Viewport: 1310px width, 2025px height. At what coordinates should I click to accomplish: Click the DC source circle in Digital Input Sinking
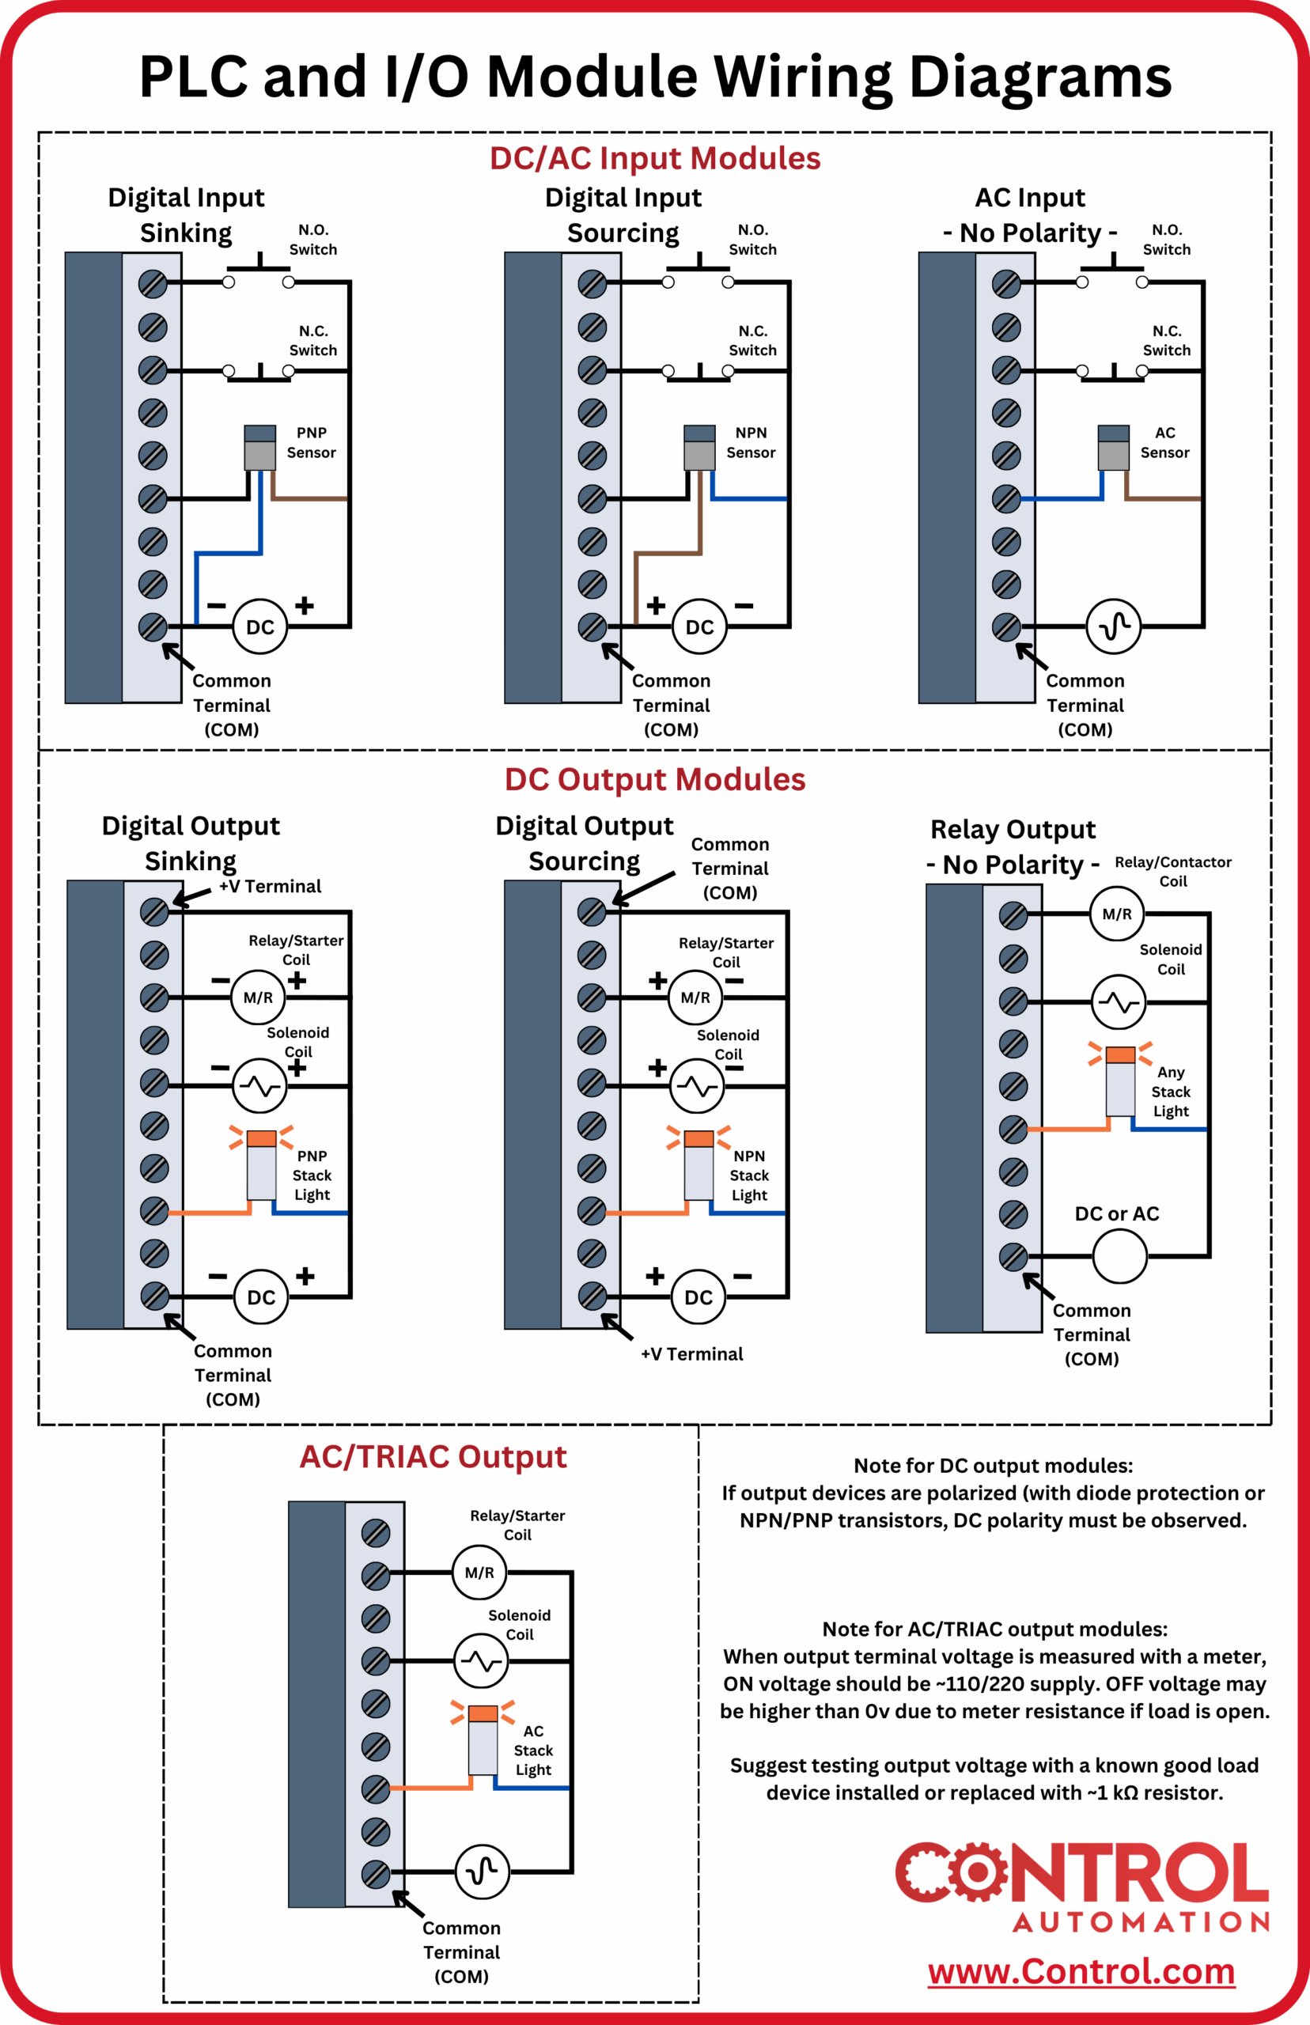259,626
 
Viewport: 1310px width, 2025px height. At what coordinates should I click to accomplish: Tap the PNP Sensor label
312,442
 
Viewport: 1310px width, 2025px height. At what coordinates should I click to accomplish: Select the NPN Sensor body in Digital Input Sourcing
699,449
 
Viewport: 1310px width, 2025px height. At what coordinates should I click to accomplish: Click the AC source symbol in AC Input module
1113,626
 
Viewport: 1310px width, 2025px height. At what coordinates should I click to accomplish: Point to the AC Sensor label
1164,442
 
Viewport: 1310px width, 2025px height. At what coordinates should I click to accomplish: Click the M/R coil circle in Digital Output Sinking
258,997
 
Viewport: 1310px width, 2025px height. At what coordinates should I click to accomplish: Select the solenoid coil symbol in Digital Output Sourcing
697,1086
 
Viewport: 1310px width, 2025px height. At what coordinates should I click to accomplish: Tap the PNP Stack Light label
312,1175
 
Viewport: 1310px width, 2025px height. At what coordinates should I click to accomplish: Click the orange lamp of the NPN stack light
699,1138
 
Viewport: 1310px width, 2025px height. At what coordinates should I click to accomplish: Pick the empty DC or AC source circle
1119,1255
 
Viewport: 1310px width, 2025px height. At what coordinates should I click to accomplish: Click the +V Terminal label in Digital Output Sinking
270,886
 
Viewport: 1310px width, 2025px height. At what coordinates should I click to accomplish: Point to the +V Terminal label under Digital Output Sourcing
691,1354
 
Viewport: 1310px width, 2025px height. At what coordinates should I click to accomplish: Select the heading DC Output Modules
654,779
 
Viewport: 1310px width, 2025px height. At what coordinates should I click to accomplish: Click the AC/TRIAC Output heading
432,1457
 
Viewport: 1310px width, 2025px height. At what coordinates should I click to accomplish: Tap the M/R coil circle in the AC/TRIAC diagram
479,1573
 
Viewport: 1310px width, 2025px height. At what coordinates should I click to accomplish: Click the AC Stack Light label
532,1750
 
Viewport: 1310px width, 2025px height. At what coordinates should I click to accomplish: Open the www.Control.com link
1081,1971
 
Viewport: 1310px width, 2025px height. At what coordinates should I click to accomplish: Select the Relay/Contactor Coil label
1172,871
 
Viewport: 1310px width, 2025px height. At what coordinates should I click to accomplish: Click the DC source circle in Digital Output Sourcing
699,1297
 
